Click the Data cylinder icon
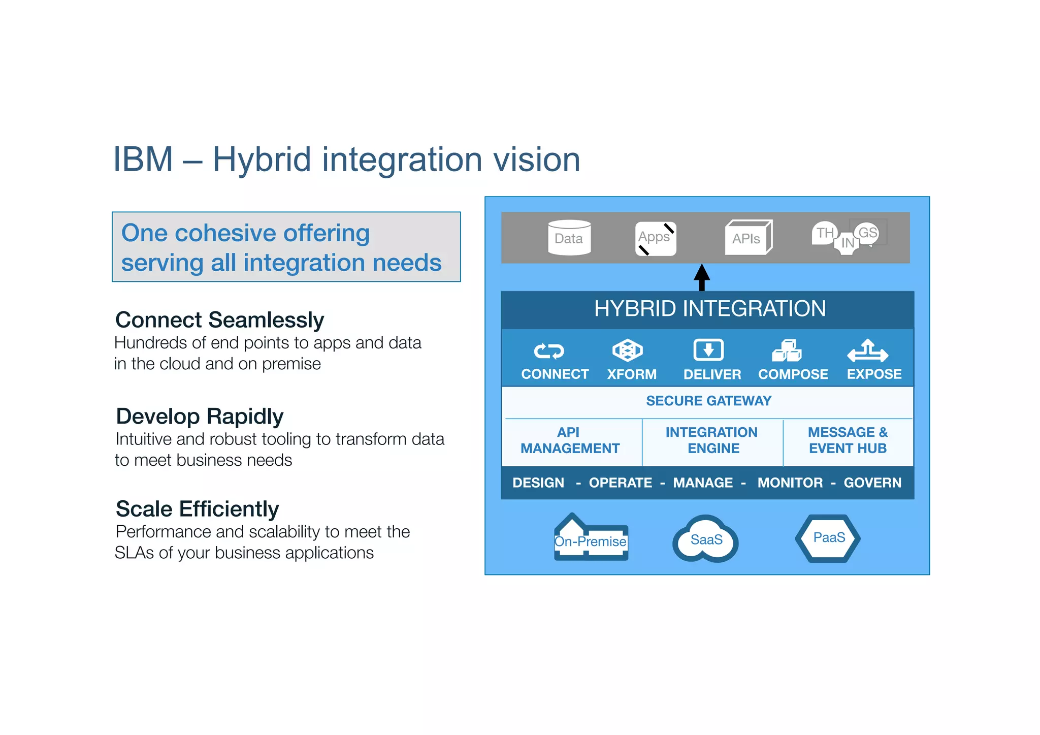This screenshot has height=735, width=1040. coord(569,237)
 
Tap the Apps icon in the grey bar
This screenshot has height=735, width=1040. coord(655,238)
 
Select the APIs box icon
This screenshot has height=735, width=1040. coord(748,237)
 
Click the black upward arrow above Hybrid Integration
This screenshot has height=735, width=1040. coord(702,277)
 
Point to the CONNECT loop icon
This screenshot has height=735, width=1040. coord(548,351)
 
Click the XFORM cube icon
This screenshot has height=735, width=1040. coord(628,350)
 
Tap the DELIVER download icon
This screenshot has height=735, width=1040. coord(708,350)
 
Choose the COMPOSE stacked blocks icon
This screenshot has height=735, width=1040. coord(787,350)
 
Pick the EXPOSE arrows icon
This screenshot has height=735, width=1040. coord(868,350)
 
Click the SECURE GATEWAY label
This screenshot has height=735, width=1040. coord(708,401)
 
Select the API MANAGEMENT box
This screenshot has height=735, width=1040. coord(570,440)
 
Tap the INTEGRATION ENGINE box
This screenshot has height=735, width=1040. coord(712,440)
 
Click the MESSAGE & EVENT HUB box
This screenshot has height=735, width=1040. coord(848,440)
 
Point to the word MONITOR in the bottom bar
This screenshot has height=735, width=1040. coord(790,483)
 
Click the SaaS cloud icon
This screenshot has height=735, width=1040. coord(706,539)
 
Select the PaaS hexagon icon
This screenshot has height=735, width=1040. coord(828,538)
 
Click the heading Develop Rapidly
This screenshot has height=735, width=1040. coord(200,416)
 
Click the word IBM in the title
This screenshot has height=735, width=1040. coord(143,159)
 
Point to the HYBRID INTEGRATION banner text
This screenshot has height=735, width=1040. coord(709,309)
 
